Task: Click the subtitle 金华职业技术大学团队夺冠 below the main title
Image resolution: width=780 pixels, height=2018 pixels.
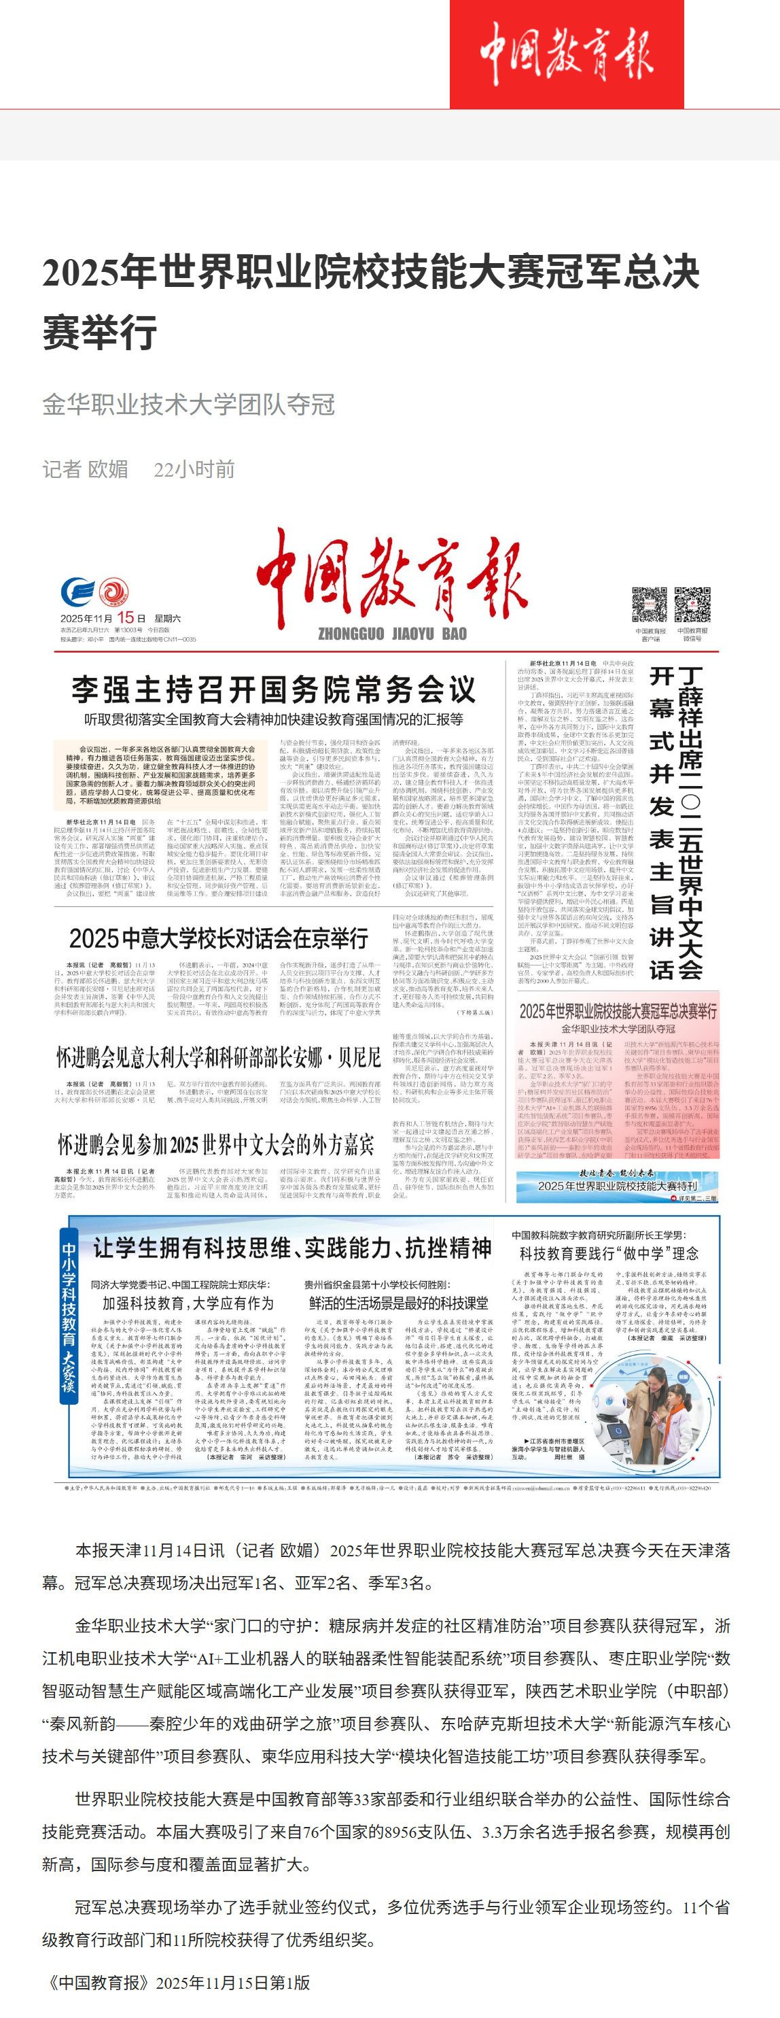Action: pos(189,405)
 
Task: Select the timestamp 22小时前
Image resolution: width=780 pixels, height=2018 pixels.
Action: pos(194,468)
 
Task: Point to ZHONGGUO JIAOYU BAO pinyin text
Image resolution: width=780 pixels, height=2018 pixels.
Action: pos(391,634)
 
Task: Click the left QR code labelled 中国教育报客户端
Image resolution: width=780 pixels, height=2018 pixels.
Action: pos(650,604)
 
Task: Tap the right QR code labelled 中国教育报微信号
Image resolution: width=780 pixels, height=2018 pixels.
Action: pos(692,604)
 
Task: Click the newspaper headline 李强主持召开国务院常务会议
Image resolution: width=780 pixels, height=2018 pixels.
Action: pos(273,689)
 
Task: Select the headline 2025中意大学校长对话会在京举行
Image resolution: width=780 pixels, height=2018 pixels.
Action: pos(219,938)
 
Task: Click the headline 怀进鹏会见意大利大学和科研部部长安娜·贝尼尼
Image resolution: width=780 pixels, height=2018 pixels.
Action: pos(217,1057)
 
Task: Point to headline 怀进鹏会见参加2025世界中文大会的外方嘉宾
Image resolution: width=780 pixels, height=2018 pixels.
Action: pos(215,1144)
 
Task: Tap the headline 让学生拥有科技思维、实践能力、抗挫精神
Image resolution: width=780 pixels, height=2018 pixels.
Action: pos(292,1247)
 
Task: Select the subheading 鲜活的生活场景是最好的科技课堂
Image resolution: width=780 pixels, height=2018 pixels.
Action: pos(398,1302)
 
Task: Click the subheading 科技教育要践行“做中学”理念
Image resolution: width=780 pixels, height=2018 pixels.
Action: pos(609,1253)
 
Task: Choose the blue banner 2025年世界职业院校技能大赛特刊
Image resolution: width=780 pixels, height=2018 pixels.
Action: pos(617,1185)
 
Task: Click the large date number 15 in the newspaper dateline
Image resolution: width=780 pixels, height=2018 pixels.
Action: pos(125,617)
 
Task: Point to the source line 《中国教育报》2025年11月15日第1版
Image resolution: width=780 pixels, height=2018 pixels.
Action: pos(177,1982)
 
